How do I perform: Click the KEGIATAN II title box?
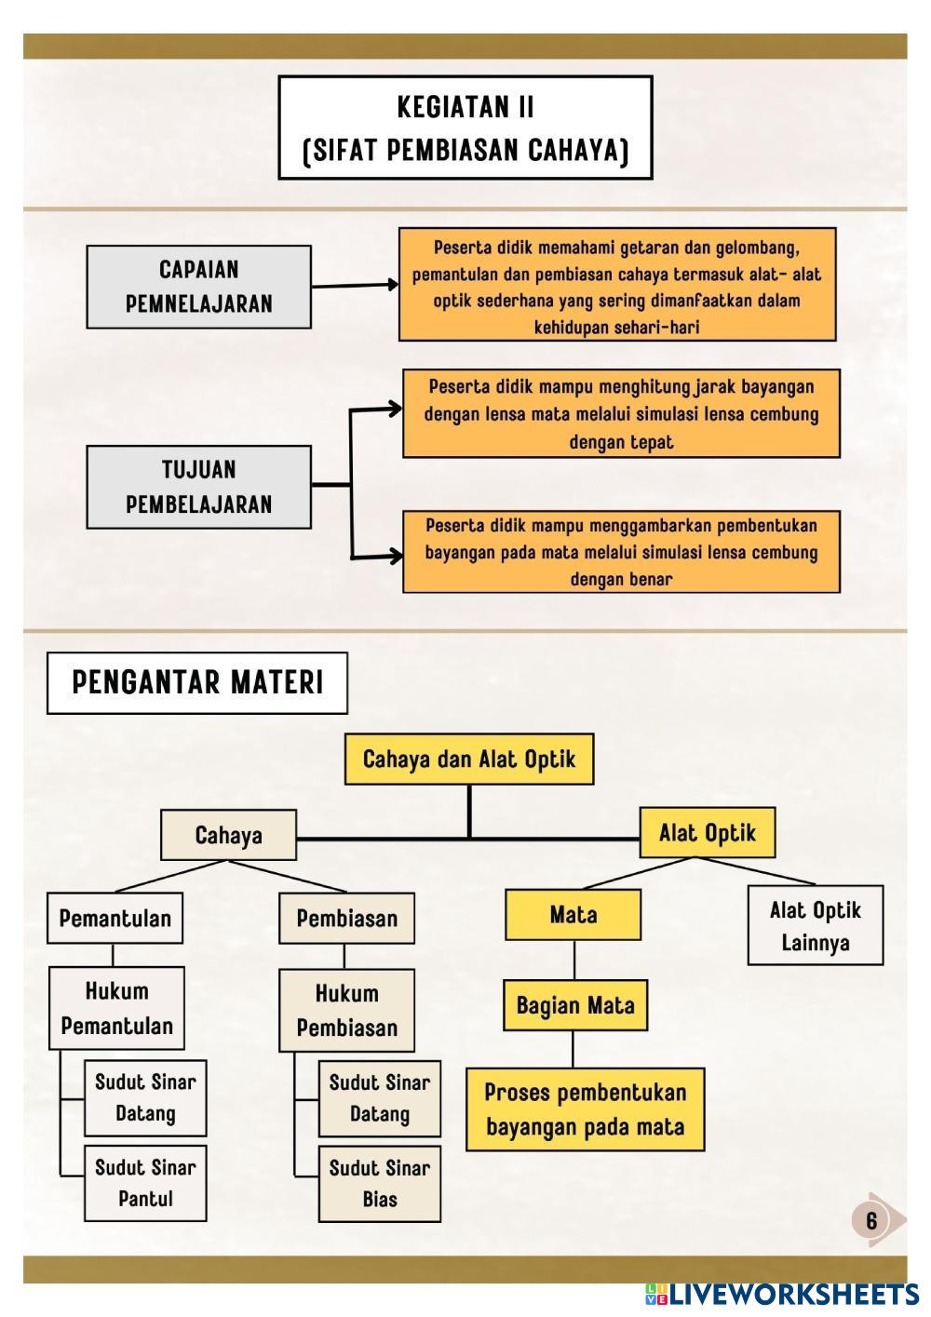point(465,128)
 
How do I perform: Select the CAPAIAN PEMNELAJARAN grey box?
point(198,287)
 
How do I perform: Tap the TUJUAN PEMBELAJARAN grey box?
point(198,487)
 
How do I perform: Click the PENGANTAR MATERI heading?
point(197,683)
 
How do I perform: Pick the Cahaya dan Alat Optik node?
point(468,759)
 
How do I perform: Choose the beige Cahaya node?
point(228,835)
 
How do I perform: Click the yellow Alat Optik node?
point(707,832)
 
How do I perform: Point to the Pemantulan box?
point(115,919)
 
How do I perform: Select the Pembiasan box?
point(346,919)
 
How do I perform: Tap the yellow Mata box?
point(573,914)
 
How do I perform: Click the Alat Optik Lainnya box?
point(815,925)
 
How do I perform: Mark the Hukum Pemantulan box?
point(116,1008)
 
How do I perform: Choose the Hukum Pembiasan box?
point(346,1010)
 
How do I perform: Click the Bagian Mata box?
point(574,1005)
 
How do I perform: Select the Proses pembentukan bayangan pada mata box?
point(585,1109)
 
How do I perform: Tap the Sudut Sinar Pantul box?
point(145,1183)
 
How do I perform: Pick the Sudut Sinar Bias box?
point(379,1184)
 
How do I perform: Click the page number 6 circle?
point(871,1220)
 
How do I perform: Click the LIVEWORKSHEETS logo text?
point(791,1295)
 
